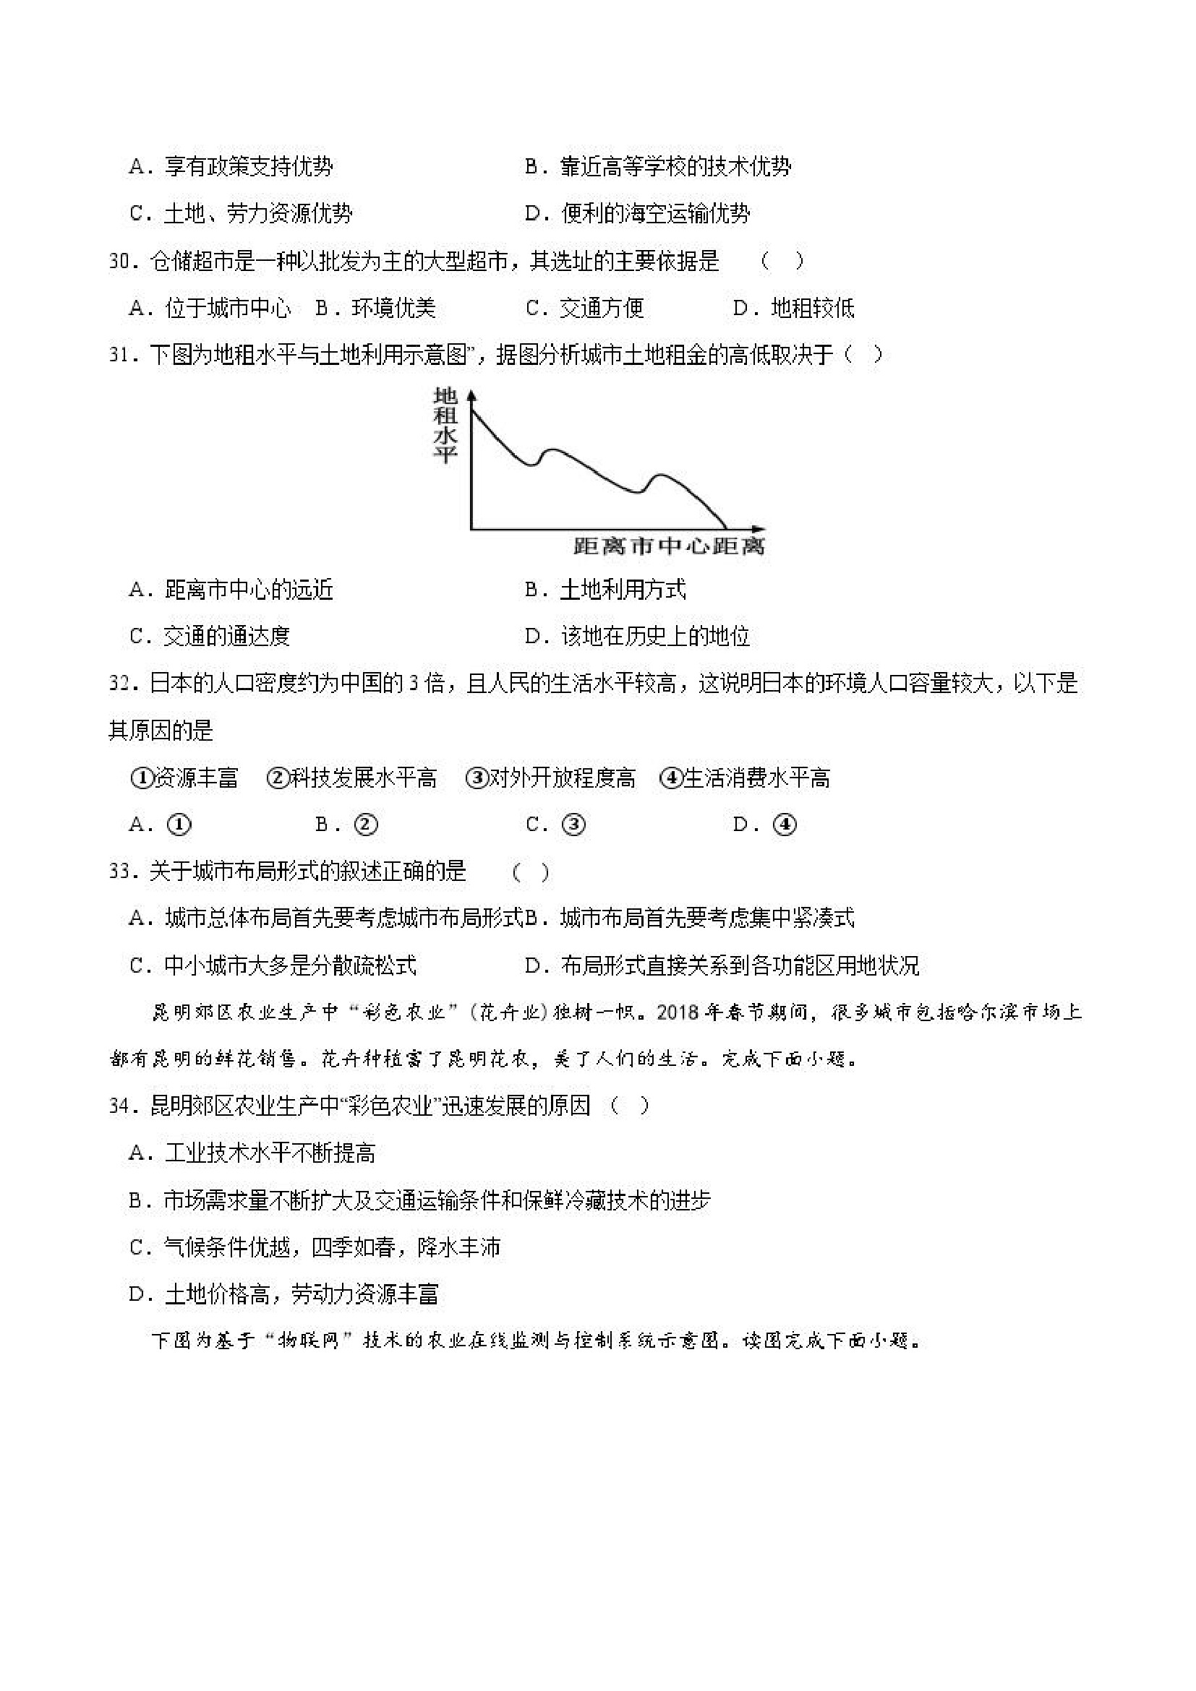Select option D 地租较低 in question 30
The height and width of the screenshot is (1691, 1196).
point(794,308)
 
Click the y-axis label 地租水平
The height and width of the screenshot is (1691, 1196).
point(445,425)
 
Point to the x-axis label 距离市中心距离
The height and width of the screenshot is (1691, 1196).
point(669,546)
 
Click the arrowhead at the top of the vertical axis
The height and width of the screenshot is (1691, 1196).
point(471,394)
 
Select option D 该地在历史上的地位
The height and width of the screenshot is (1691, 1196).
point(638,637)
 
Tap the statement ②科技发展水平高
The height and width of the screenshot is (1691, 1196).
point(351,778)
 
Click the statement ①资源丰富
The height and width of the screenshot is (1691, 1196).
point(184,778)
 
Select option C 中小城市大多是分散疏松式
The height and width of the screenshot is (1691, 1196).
point(273,965)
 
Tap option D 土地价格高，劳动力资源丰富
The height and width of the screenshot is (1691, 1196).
point(283,1294)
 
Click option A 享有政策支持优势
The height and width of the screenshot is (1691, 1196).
point(231,167)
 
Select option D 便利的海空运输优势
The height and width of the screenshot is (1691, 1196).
point(638,215)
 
